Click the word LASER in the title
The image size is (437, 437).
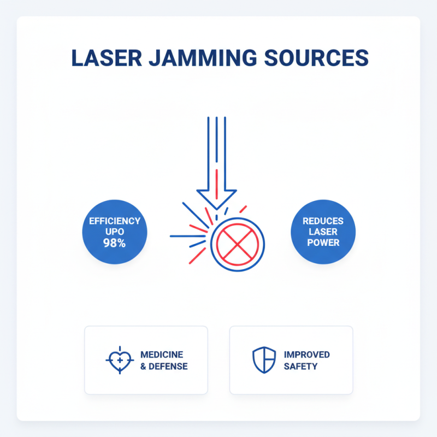[107, 58]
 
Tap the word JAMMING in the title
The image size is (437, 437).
[203, 58]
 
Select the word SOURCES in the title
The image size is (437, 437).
[316, 58]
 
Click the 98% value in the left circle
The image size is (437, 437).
[114, 243]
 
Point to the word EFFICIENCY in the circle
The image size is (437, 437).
[115, 221]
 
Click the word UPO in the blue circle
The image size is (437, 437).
[115, 232]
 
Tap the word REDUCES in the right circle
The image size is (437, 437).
[323, 221]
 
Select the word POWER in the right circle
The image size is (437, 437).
[323, 243]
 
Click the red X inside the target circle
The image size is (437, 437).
[238, 245]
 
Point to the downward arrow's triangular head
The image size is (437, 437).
[216, 199]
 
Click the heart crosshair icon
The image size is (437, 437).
[120, 360]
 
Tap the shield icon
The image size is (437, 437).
[264, 360]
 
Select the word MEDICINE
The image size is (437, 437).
[162, 355]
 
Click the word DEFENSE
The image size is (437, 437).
[168, 366]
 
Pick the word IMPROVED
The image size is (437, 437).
[306, 355]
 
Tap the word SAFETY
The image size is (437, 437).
[300, 366]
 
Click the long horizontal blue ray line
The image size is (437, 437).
[187, 236]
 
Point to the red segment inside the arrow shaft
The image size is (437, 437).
[216, 184]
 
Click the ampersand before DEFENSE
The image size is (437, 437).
[143, 366]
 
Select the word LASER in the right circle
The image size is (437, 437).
[323, 232]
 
